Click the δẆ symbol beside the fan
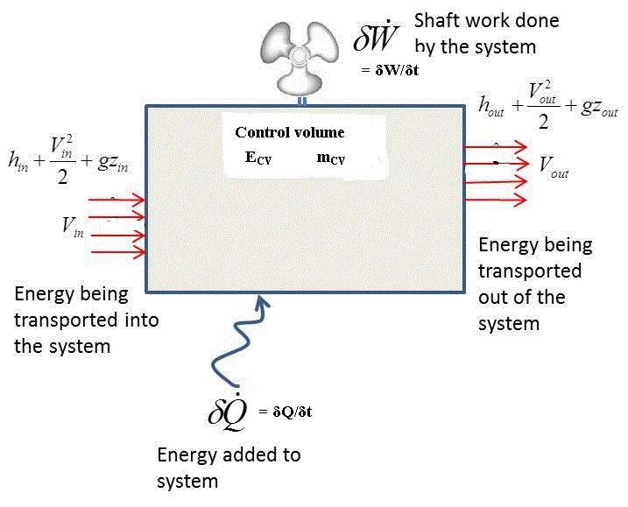pos(376,39)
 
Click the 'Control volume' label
pos(290,133)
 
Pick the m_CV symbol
pos(331,159)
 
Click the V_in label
pos(73,225)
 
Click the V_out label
pos(554,164)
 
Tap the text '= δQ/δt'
pos(286,412)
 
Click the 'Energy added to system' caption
pos(228,468)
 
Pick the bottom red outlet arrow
pos(495,200)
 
